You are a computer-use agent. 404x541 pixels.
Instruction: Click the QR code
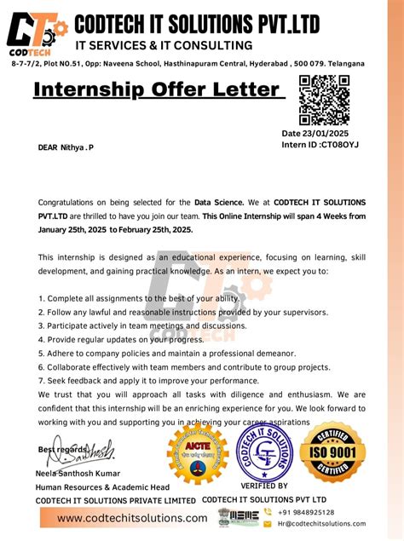[x=325, y=101]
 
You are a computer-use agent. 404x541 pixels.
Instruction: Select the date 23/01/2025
[x=331, y=134]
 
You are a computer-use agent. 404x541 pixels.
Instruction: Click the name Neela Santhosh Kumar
[x=78, y=474]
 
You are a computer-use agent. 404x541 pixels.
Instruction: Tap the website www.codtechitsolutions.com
[x=132, y=518]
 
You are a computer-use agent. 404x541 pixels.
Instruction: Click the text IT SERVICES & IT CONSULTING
[x=164, y=45]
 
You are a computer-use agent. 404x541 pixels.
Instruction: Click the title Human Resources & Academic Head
[x=101, y=486]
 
